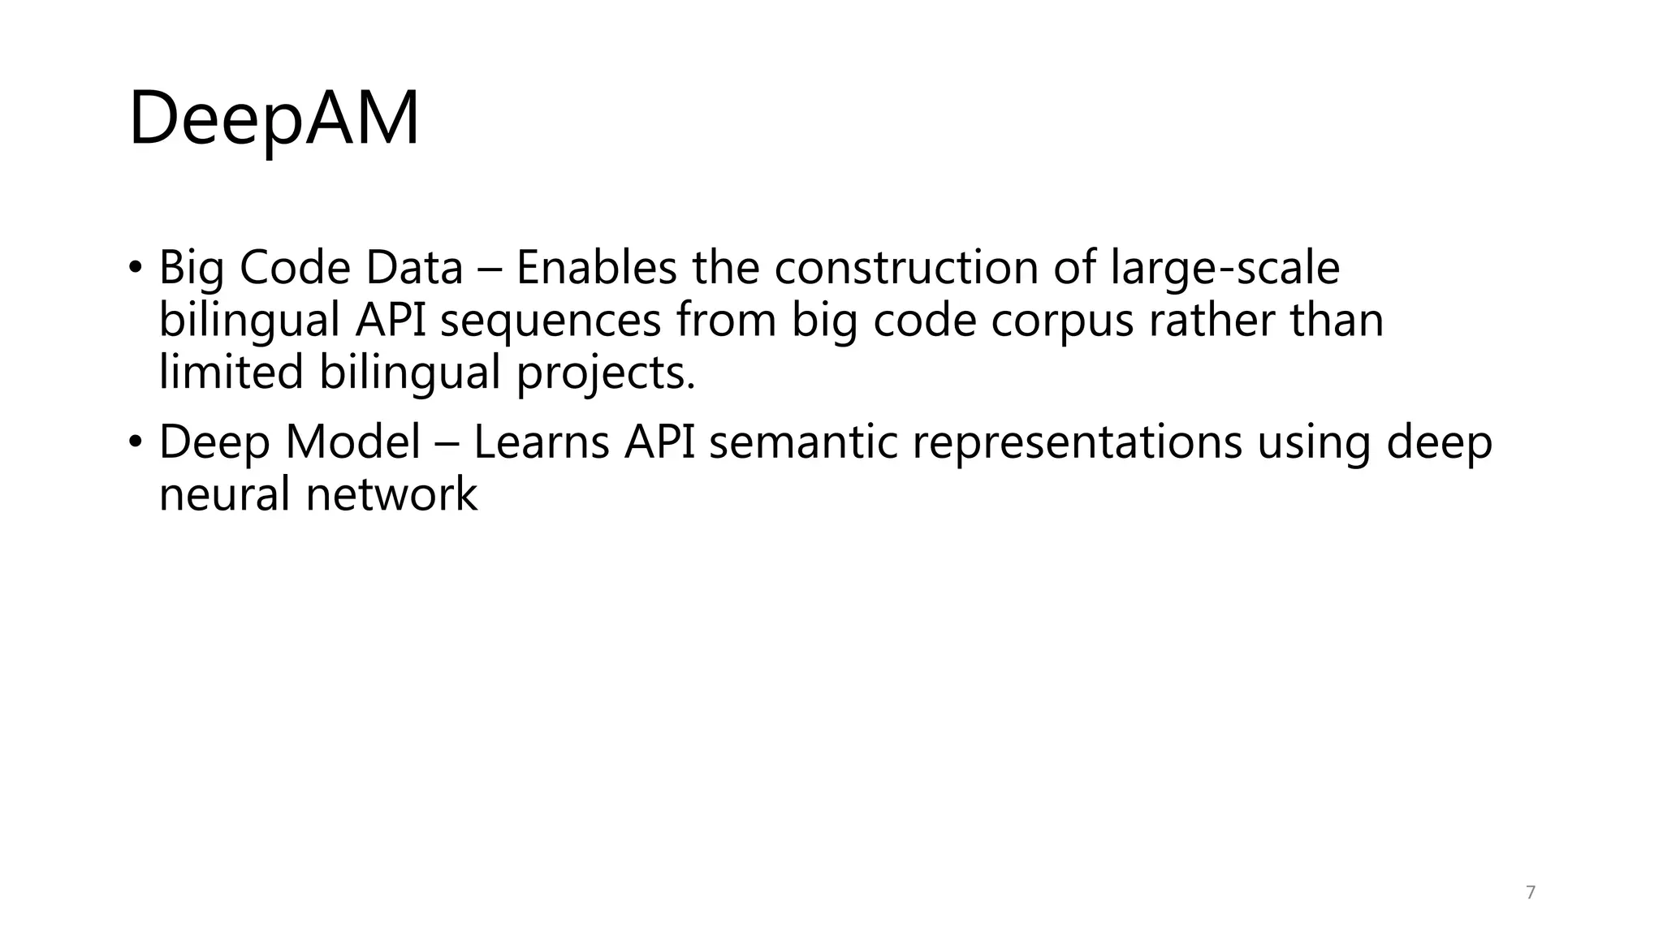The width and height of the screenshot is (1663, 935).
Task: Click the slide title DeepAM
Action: pyautogui.click(x=274, y=119)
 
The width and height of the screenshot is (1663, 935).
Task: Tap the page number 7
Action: pyautogui.click(x=1531, y=893)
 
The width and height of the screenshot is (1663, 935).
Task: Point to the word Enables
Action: pyautogui.click(x=596, y=268)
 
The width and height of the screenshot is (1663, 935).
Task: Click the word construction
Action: pyautogui.click(x=905, y=268)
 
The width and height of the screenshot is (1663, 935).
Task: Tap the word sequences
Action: pyautogui.click(x=551, y=321)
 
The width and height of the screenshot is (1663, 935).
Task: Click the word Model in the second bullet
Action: pyautogui.click(x=352, y=442)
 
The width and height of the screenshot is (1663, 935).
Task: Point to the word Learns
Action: pyautogui.click(x=541, y=442)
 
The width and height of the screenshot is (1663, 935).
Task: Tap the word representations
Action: pyautogui.click(x=1077, y=444)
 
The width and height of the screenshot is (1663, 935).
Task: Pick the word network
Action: pyautogui.click(x=391, y=494)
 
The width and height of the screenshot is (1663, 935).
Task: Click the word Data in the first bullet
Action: pyautogui.click(x=414, y=268)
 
